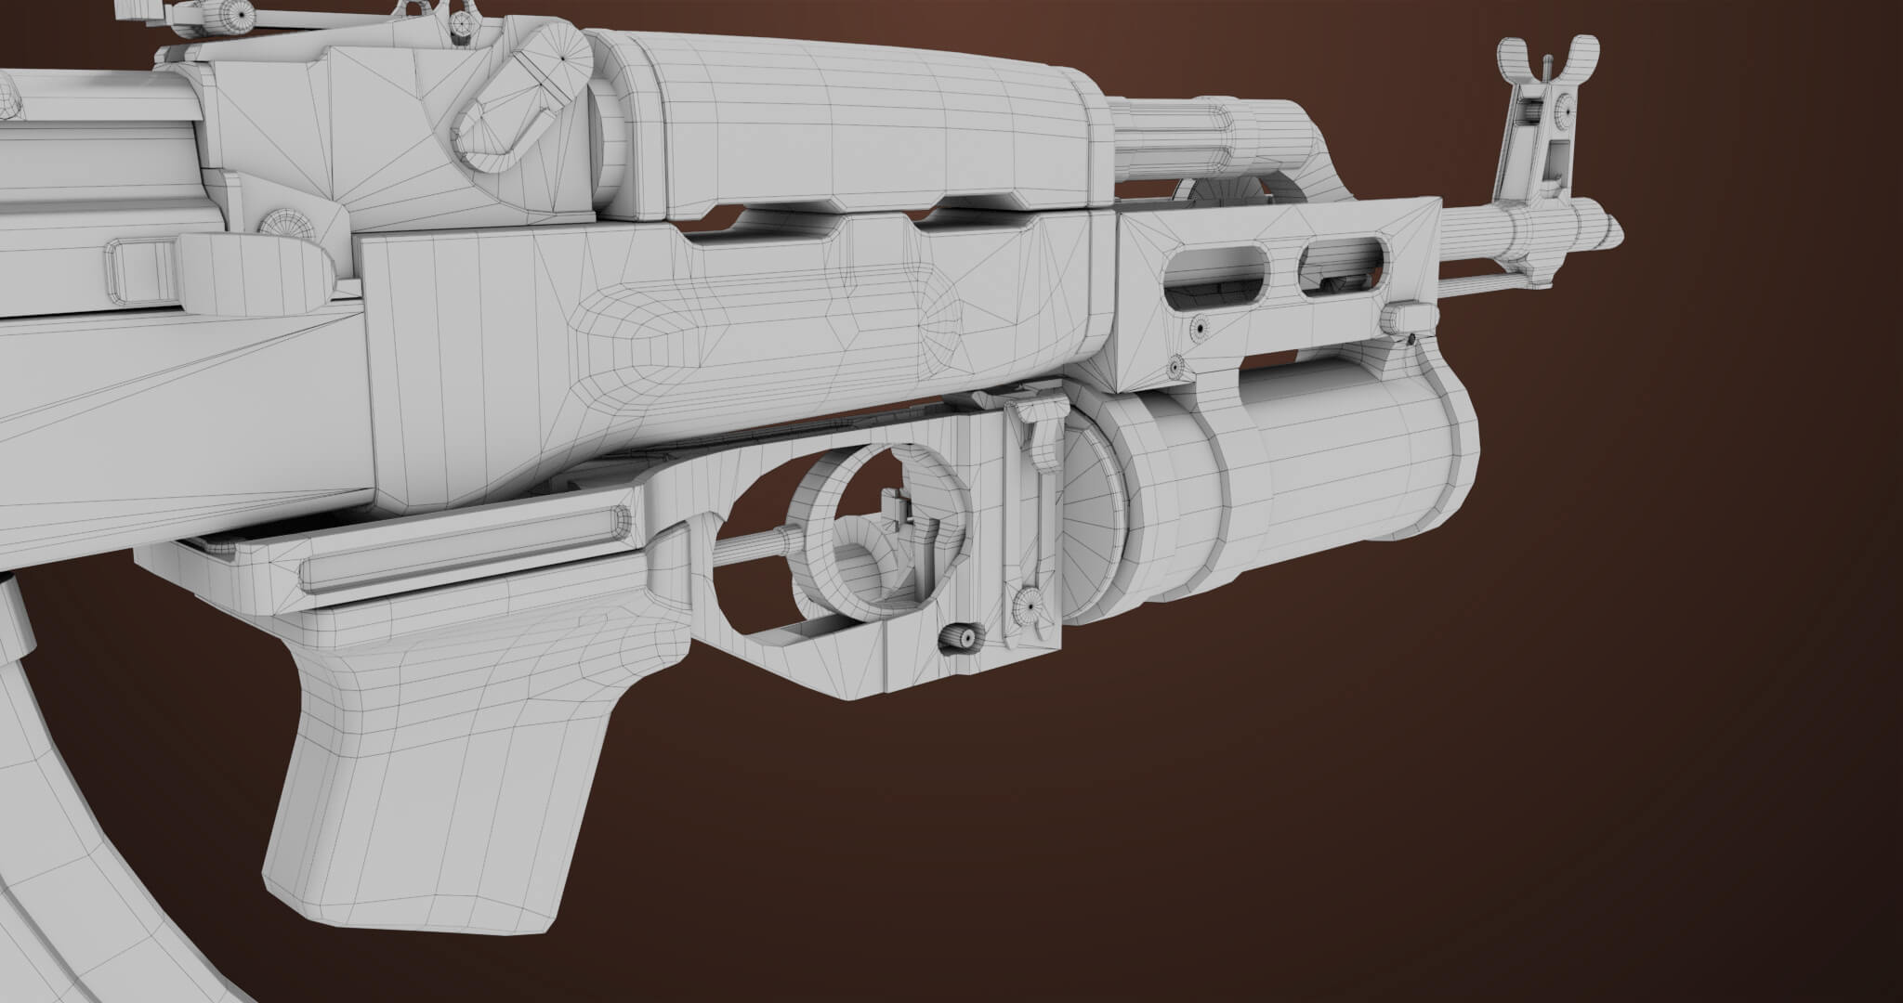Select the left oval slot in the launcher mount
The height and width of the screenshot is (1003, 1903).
tap(1215, 274)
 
